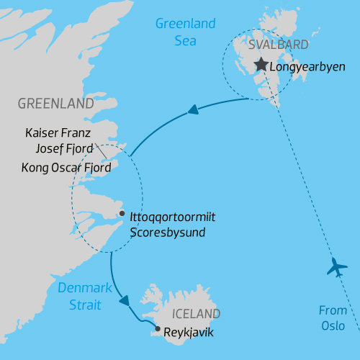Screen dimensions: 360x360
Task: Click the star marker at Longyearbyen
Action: (x=261, y=66)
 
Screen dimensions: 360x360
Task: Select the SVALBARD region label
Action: (x=278, y=45)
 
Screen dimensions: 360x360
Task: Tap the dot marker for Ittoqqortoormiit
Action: (x=122, y=214)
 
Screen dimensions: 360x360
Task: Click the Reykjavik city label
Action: (x=189, y=333)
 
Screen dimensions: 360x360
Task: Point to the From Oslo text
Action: (x=333, y=318)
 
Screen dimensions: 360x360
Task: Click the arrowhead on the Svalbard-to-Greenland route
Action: (x=192, y=110)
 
